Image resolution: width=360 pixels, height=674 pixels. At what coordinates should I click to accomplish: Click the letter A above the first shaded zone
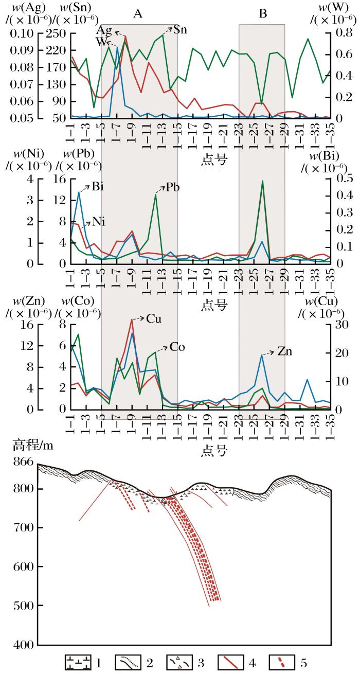[137, 14]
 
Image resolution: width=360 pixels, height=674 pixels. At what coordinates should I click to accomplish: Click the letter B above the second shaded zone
[263, 14]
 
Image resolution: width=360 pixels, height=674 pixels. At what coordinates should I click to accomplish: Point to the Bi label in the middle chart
[98, 186]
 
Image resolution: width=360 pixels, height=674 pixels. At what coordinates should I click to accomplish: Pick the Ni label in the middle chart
[99, 222]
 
